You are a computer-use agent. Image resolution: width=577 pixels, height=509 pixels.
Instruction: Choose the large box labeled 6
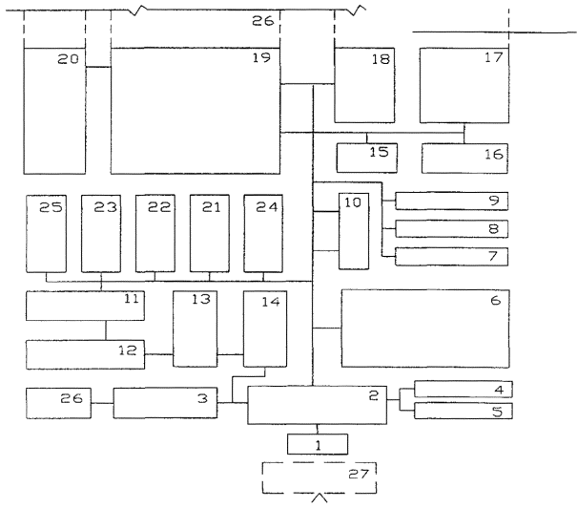click(x=424, y=328)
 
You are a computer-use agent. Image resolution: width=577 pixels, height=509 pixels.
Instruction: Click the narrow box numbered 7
click(x=450, y=256)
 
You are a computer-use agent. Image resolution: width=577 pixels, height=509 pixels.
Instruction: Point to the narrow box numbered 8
click(x=450, y=228)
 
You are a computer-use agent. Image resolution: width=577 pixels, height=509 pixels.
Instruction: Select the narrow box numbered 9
click(x=450, y=201)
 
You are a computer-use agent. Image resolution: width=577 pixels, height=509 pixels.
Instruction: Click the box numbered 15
click(x=367, y=153)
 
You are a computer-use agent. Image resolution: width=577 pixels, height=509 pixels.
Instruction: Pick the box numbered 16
click(x=465, y=153)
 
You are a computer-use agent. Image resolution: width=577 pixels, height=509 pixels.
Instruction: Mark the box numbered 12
click(x=83, y=353)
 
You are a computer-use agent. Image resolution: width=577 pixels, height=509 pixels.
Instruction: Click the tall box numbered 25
click(x=46, y=233)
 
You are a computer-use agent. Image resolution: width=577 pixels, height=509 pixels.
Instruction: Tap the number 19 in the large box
click(x=262, y=58)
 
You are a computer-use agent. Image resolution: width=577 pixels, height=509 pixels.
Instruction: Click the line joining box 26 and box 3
click(x=101, y=404)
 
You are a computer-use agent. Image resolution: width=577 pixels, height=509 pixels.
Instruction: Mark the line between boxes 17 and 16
click(x=464, y=133)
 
